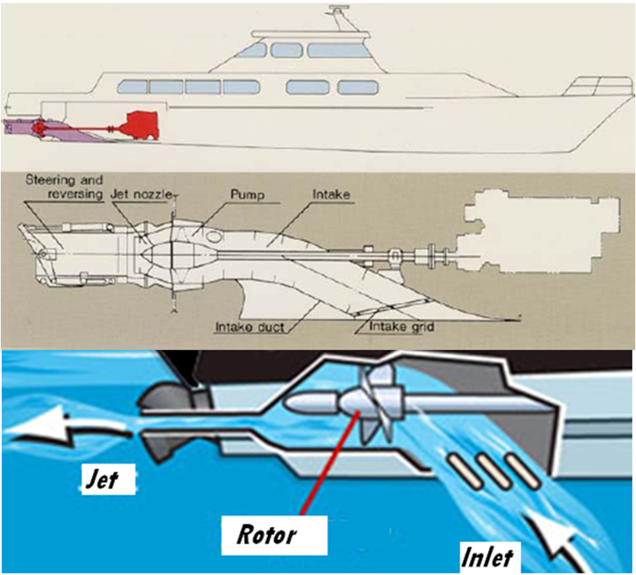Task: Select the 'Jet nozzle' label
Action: point(131,195)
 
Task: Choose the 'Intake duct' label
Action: point(250,328)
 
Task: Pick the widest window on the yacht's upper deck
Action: point(338,50)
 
